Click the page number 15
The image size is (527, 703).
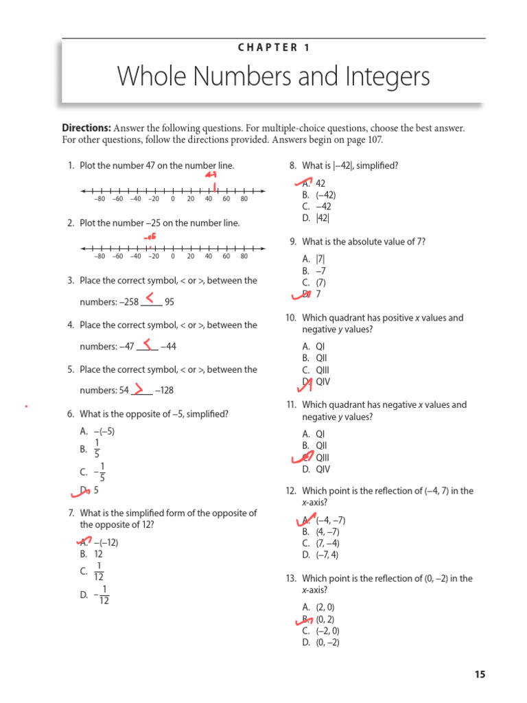tap(479, 674)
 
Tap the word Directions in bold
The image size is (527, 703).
tap(86, 128)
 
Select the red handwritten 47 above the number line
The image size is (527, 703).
tap(211, 174)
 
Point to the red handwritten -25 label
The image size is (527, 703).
tap(150, 236)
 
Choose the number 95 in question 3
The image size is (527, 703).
tap(169, 301)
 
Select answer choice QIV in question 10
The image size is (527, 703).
tap(323, 382)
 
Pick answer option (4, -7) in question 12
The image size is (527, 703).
tap(327, 531)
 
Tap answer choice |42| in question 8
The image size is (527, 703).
tap(323, 218)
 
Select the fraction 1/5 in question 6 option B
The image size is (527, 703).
tap(97, 449)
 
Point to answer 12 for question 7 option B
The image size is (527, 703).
tap(98, 553)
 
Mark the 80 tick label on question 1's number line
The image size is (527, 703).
tap(244, 199)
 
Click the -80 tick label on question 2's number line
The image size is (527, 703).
tap(99, 256)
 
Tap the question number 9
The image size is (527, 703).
tap(293, 242)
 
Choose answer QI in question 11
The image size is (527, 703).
tap(320, 434)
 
